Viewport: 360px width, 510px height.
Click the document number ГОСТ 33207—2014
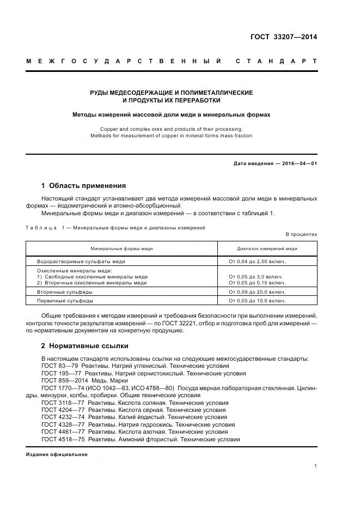pyautogui.click(x=284, y=38)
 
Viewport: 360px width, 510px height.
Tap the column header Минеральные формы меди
pyautogui.click(x=121, y=248)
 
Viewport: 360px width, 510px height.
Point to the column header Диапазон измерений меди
pyautogui.click(x=267, y=248)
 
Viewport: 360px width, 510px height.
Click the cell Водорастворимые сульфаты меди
pyautogui.click(x=81, y=262)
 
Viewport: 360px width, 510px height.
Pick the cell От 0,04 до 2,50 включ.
pyautogui.click(x=257, y=262)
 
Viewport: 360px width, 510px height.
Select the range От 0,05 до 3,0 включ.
pyautogui.click(x=256, y=277)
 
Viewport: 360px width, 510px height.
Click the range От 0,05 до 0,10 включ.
pyautogui.click(x=257, y=283)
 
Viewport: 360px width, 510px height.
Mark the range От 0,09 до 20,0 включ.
pyautogui.click(x=257, y=292)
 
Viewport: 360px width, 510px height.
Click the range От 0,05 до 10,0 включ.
pyautogui.click(x=257, y=301)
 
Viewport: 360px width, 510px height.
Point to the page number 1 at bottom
pyautogui.click(x=316, y=466)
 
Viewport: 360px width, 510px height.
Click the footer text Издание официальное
pyautogui.click(x=57, y=454)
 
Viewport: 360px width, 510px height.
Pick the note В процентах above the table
pyautogui.click(x=301, y=234)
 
